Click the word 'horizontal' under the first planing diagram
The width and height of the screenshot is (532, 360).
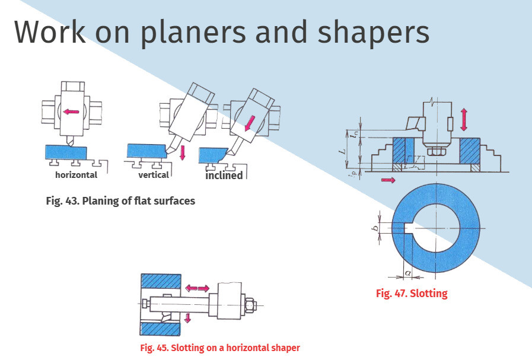click(x=76, y=175)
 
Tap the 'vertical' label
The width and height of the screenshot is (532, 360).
click(x=154, y=175)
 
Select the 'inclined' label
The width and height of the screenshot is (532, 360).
click(x=224, y=176)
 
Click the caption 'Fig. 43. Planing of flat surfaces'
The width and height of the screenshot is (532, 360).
click(x=120, y=201)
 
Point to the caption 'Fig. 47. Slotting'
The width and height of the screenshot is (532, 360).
click(x=412, y=293)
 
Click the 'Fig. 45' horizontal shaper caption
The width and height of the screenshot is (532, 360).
click(x=220, y=348)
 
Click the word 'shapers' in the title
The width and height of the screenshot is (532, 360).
click(x=374, y=33)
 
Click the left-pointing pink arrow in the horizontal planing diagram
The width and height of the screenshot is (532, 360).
click(x=71, y=111)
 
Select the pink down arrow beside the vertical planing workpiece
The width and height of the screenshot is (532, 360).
click(x=183, y=152)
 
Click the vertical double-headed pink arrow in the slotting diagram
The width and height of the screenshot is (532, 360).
click(x=464, y=119)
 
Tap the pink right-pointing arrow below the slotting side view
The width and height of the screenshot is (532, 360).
click(x=388, y=180)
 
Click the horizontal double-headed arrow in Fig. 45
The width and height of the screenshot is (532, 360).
click(x=197, y=288)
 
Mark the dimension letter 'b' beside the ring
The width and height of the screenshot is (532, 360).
click(x=375, y=228)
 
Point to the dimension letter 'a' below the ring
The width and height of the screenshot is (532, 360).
click(x=408, y=272)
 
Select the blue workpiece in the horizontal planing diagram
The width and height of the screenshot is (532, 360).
click(x=66, y=152)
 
